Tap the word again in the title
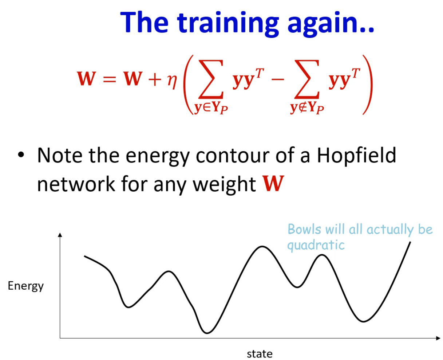(330, 24)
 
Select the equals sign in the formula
(110, 79)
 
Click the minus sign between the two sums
(277, 79)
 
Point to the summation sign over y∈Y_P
(211, 79)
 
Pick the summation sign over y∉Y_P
(306, 79)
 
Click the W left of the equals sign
(87, 78)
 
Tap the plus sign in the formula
(155, 79)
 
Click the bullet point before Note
(21, 155)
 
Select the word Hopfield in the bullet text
(356, 155)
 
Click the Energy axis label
(25, 286)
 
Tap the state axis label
(260, 354)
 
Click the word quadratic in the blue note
(316, 245)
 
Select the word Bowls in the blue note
(304, 229)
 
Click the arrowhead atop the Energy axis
(60, 235)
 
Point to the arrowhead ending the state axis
(438, 338)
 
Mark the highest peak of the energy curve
(262, 247)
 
